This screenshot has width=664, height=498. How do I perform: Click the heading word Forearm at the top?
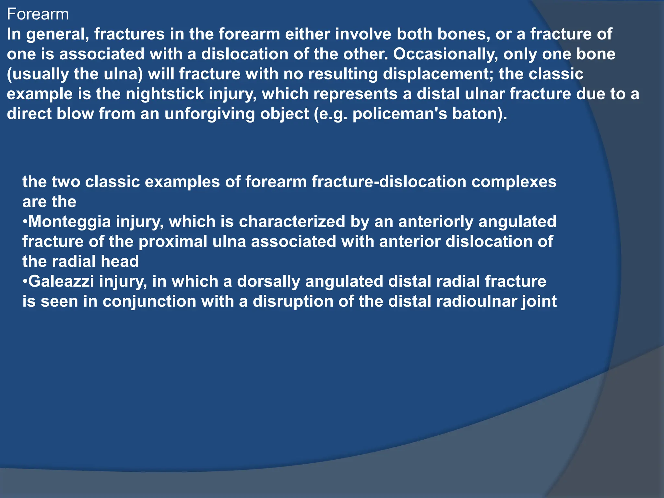[38, 15]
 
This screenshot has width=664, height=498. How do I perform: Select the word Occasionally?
[445, 54]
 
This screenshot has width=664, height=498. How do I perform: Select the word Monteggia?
[70, 222]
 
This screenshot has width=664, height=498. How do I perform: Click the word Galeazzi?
[61, 281]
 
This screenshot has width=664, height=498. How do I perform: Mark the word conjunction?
[149, 302]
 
